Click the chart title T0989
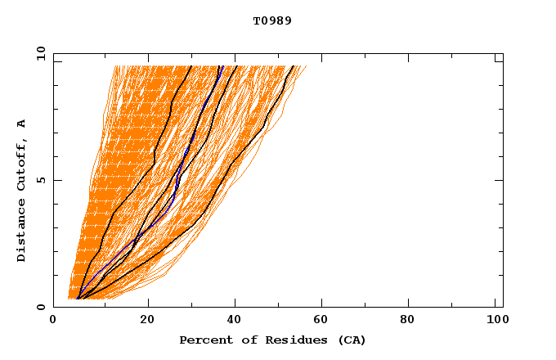[x=272, y=21]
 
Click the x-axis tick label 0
[x=53, y=321]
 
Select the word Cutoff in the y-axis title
[x=22, y=164]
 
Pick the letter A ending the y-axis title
[x=22, y=124]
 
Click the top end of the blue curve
[x=221, y=66]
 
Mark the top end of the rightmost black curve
[x=294, y=66]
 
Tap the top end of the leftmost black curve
[x=191, y=66]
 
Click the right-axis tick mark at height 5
[x=500, y=180]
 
